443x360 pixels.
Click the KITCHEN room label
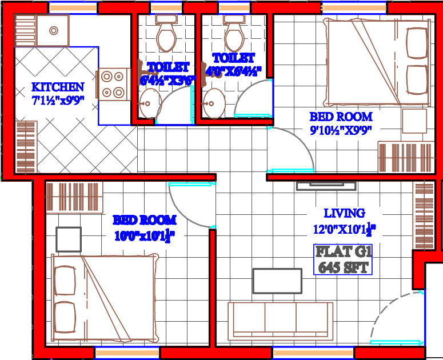58,87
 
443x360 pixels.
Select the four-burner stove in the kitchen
112,84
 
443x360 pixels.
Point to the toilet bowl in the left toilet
166,37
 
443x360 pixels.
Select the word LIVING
344,213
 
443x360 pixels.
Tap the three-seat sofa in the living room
280,321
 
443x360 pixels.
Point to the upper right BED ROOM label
341,117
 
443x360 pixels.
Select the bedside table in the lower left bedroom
69,239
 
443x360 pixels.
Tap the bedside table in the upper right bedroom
414,121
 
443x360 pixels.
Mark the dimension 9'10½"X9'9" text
341,130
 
